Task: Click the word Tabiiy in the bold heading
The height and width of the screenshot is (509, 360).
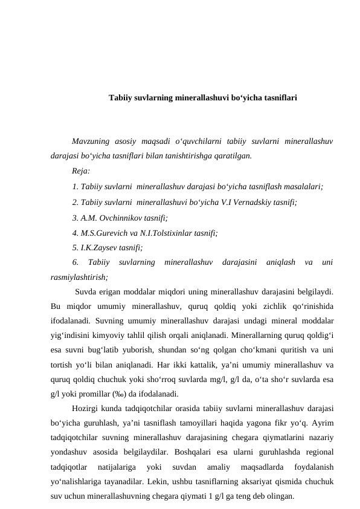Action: [x=119, y=96]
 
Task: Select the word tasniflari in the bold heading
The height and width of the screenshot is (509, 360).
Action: [x=278, y=96]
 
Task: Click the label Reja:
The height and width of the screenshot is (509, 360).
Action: [x=80, y=171]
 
